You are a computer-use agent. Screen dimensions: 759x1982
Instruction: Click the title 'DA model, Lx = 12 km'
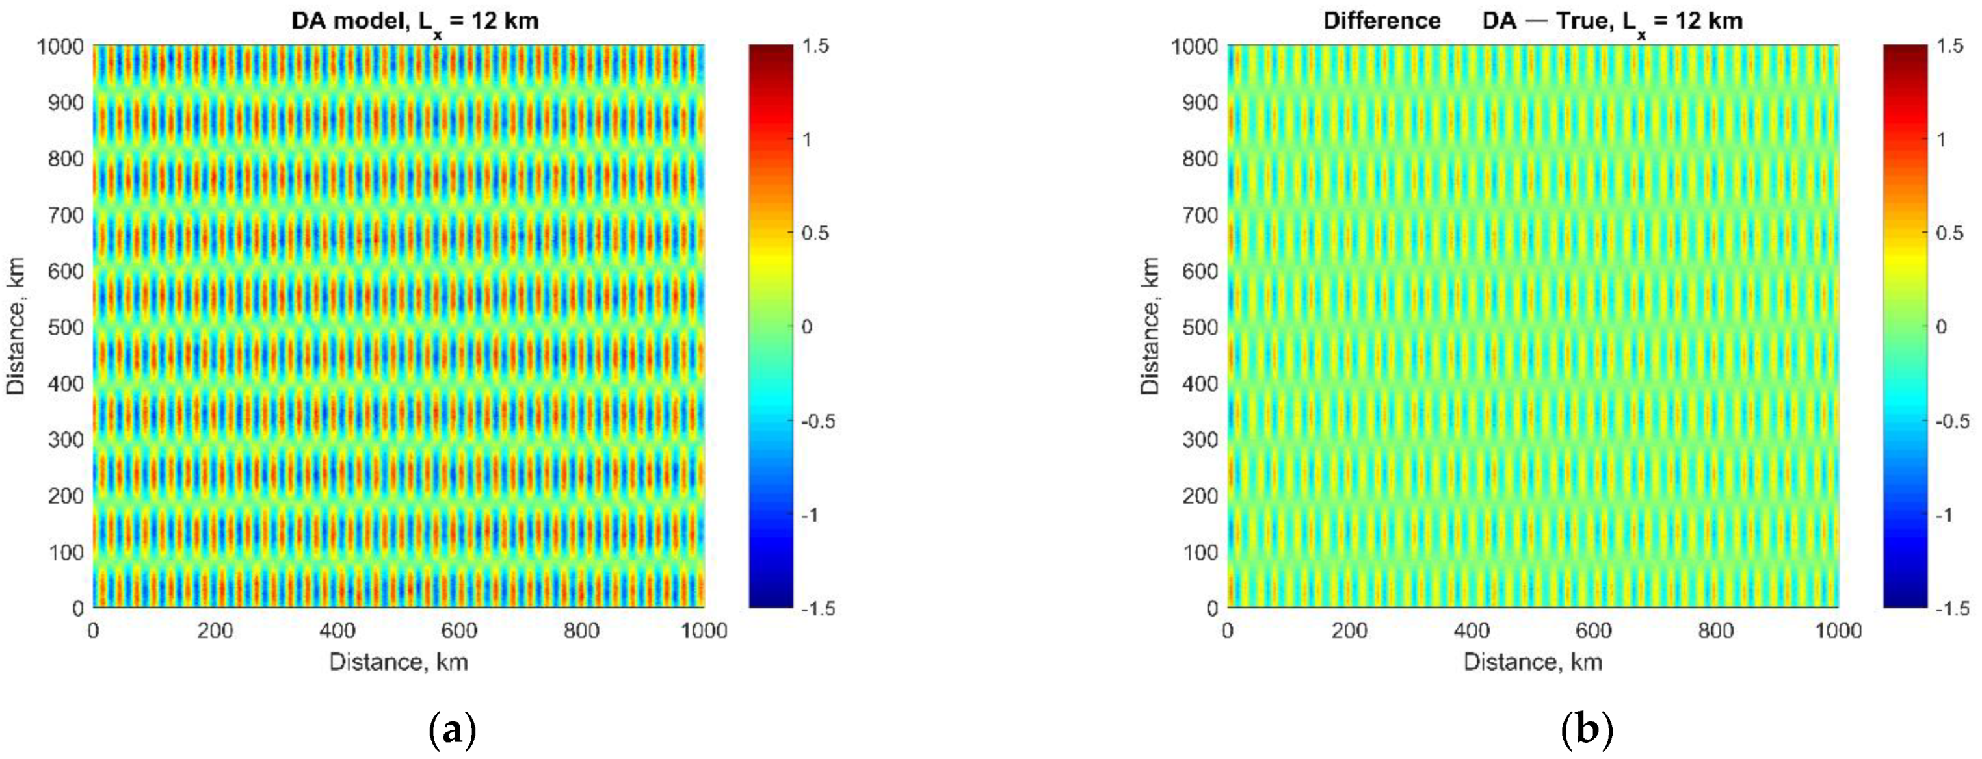pyautogui.click(x=415, y=21)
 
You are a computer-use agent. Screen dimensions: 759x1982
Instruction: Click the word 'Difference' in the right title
pyautogui.click(x=1381, y=21)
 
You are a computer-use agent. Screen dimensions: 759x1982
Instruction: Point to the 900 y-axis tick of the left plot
pyautogui.click(x=66, y=102)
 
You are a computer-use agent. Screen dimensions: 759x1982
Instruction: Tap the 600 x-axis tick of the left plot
pyautogui.click(x=458, y=630)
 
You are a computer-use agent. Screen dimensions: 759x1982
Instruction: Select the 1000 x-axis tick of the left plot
pyautogui.click(x=703, y=630)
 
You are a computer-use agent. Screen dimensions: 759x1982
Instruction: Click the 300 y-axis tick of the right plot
pyautogui.click(x=1200, y=440)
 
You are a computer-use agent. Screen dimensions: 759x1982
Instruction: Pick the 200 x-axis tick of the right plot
pyautogui.click(x=1349, y=630)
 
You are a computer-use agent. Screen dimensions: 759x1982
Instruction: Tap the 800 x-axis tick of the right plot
pyautogui.click(x=1715, y=630)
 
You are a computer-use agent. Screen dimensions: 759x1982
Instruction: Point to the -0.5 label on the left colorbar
pyautogui.click(x=817, y=421)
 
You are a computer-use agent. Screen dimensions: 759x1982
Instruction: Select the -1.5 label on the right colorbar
pyautogui.click(x=1952, y=609)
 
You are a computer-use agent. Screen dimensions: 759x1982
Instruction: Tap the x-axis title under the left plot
pyautogui.click(x=399, y=662)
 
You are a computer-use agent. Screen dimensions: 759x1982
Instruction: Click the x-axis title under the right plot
pyautogui.click(x=1533, y=662)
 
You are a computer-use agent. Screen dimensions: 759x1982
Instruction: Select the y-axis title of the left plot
pyautogui.click(x=16, y=327)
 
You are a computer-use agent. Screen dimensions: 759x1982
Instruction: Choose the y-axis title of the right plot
pyautogui.click(x=1150, y=327)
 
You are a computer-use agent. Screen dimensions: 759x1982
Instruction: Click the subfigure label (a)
pyautogui.click(x=452, y=729)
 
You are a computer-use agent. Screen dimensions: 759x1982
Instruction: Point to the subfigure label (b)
pyautogui.click(x=1587, y=729)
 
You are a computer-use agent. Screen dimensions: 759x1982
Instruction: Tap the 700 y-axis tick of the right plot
pyautogui.click(x=1200, y=214)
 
